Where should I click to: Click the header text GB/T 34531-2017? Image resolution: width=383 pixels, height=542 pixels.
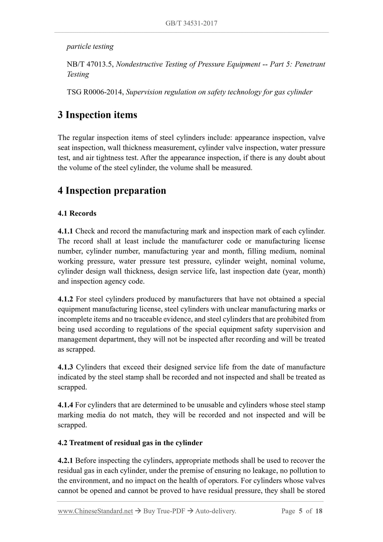coord(191,23)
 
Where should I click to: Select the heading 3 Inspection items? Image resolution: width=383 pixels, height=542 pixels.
coord(98,115)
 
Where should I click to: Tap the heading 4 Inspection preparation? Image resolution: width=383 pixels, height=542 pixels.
coord(112,191)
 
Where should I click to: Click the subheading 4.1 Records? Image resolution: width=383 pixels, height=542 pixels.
coord(77,213)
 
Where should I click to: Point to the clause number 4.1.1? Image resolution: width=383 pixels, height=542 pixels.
coord(65,231)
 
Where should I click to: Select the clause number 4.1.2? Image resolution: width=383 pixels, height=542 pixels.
coord(65,299)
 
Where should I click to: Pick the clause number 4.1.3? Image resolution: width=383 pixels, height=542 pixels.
coord(65,367)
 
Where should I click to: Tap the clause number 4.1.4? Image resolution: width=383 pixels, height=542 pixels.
coord(65,405)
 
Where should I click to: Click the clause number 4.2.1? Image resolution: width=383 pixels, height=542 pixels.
coord(65,461)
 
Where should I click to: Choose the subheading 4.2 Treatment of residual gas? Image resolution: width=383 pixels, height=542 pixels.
coord(130,443)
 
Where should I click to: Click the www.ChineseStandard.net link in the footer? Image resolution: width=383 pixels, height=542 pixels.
coord(95,511)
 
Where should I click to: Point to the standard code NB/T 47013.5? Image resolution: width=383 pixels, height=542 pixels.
coord(90,64)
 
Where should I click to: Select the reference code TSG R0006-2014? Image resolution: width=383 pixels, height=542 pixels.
coord(95,92)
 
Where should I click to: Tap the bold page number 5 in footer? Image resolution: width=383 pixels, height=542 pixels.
coord(300,511)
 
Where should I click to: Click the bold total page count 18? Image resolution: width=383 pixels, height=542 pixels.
coord(319,511)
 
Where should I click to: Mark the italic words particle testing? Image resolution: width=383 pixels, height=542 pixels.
coord(90,46)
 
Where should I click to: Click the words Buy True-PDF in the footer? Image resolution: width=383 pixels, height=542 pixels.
coord(164,511)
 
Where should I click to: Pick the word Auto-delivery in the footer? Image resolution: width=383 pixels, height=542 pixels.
coord(215,511)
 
